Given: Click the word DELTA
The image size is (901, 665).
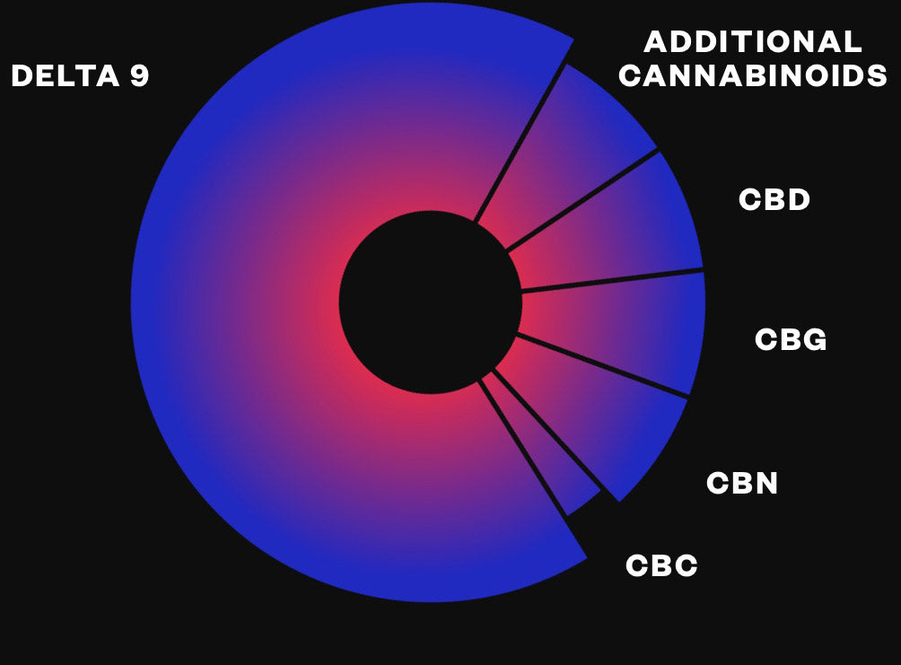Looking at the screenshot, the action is pyautogui.click(x=66, y=76).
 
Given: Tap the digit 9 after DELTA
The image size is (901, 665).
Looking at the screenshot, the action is pyautogui.click(x=140, y=76).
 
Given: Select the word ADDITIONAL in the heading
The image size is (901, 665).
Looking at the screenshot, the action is pyautogui.click(x=753, y=41).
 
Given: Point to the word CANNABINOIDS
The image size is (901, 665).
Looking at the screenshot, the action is pyautogui.click(x=753, y=75).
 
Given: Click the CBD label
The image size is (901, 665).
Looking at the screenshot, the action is pyautogui.click(x=774, y=199).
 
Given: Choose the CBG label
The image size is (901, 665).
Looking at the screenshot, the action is pyautogui.click(x=791, y=339).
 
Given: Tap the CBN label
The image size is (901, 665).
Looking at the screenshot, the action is pyautogui.click(x=742, y=483).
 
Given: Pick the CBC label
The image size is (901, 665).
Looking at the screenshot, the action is pyautogui.click(x=661, y=565).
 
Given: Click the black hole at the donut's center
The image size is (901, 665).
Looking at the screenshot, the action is pyautogui.click(x=431, y=302).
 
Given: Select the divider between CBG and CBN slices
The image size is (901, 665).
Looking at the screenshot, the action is pyautogui.click(x=603, y=365).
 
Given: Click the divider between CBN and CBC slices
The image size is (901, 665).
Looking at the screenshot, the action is pyautogui.click(x=547, y=431).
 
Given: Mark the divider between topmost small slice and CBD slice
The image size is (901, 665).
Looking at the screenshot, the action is pyautogui.click(x=582, y=201).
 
